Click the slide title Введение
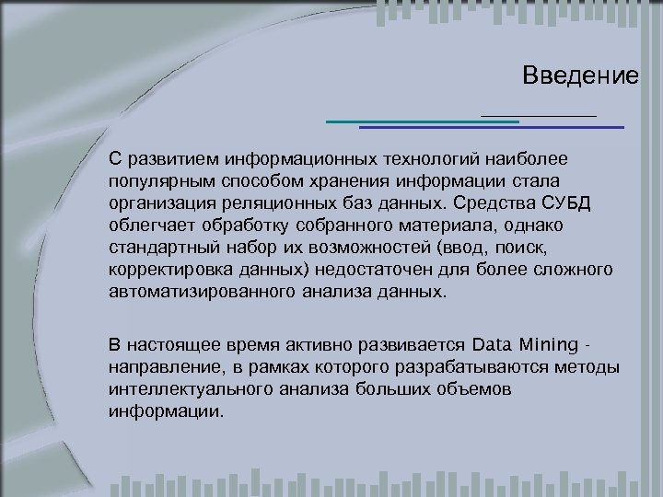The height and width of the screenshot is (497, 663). [x=579, y=75]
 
